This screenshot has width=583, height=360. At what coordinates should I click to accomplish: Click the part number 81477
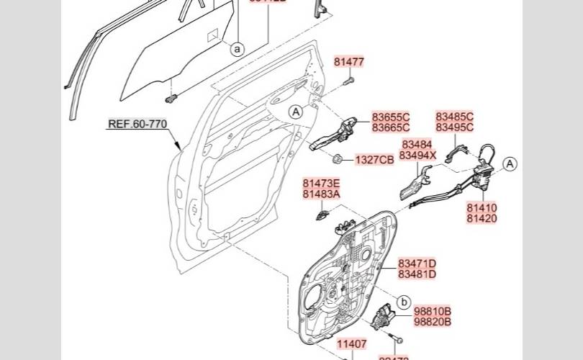349,63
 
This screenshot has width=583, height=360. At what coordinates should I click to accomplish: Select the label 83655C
391,117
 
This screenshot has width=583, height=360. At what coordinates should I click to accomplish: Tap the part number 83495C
454,127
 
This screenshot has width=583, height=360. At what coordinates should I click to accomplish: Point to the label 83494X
417,156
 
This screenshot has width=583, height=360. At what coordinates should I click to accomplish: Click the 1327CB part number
374,160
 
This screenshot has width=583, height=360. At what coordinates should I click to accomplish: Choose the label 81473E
321,184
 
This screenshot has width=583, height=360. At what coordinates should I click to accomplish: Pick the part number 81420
482,218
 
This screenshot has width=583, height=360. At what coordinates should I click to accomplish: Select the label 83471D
417,264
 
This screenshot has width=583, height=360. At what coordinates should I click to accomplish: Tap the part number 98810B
433,310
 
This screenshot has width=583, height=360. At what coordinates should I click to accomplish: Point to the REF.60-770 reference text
137,124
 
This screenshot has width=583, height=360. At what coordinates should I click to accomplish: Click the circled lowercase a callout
238,49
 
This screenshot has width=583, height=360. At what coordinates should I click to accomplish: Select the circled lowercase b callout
404,302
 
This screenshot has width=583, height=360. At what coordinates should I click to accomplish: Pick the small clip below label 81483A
324,213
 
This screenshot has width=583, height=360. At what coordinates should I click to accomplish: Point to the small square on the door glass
213,35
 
